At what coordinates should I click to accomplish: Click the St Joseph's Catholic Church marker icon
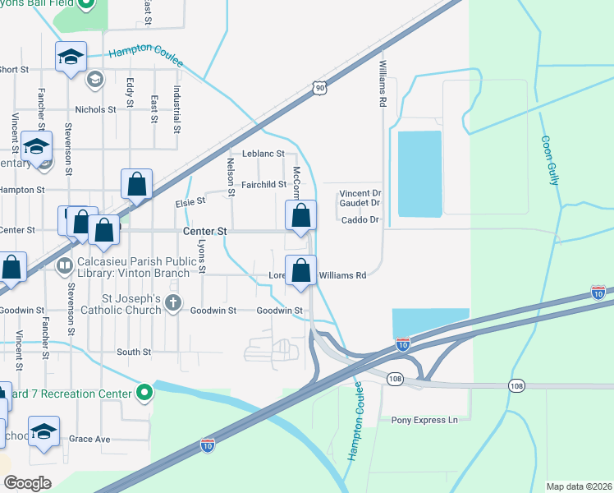[173, 303]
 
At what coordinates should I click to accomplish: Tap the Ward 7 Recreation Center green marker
[144, 393]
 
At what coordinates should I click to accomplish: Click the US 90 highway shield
[319, 86]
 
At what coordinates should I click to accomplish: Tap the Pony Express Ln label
[424, 420]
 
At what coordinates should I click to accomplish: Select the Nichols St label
[95, 109]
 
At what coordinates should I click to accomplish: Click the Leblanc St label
[263, 154]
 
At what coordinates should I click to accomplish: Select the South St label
[134, 352]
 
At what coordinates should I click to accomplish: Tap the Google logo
[27, 483]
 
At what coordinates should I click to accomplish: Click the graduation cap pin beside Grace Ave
[44, 432]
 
